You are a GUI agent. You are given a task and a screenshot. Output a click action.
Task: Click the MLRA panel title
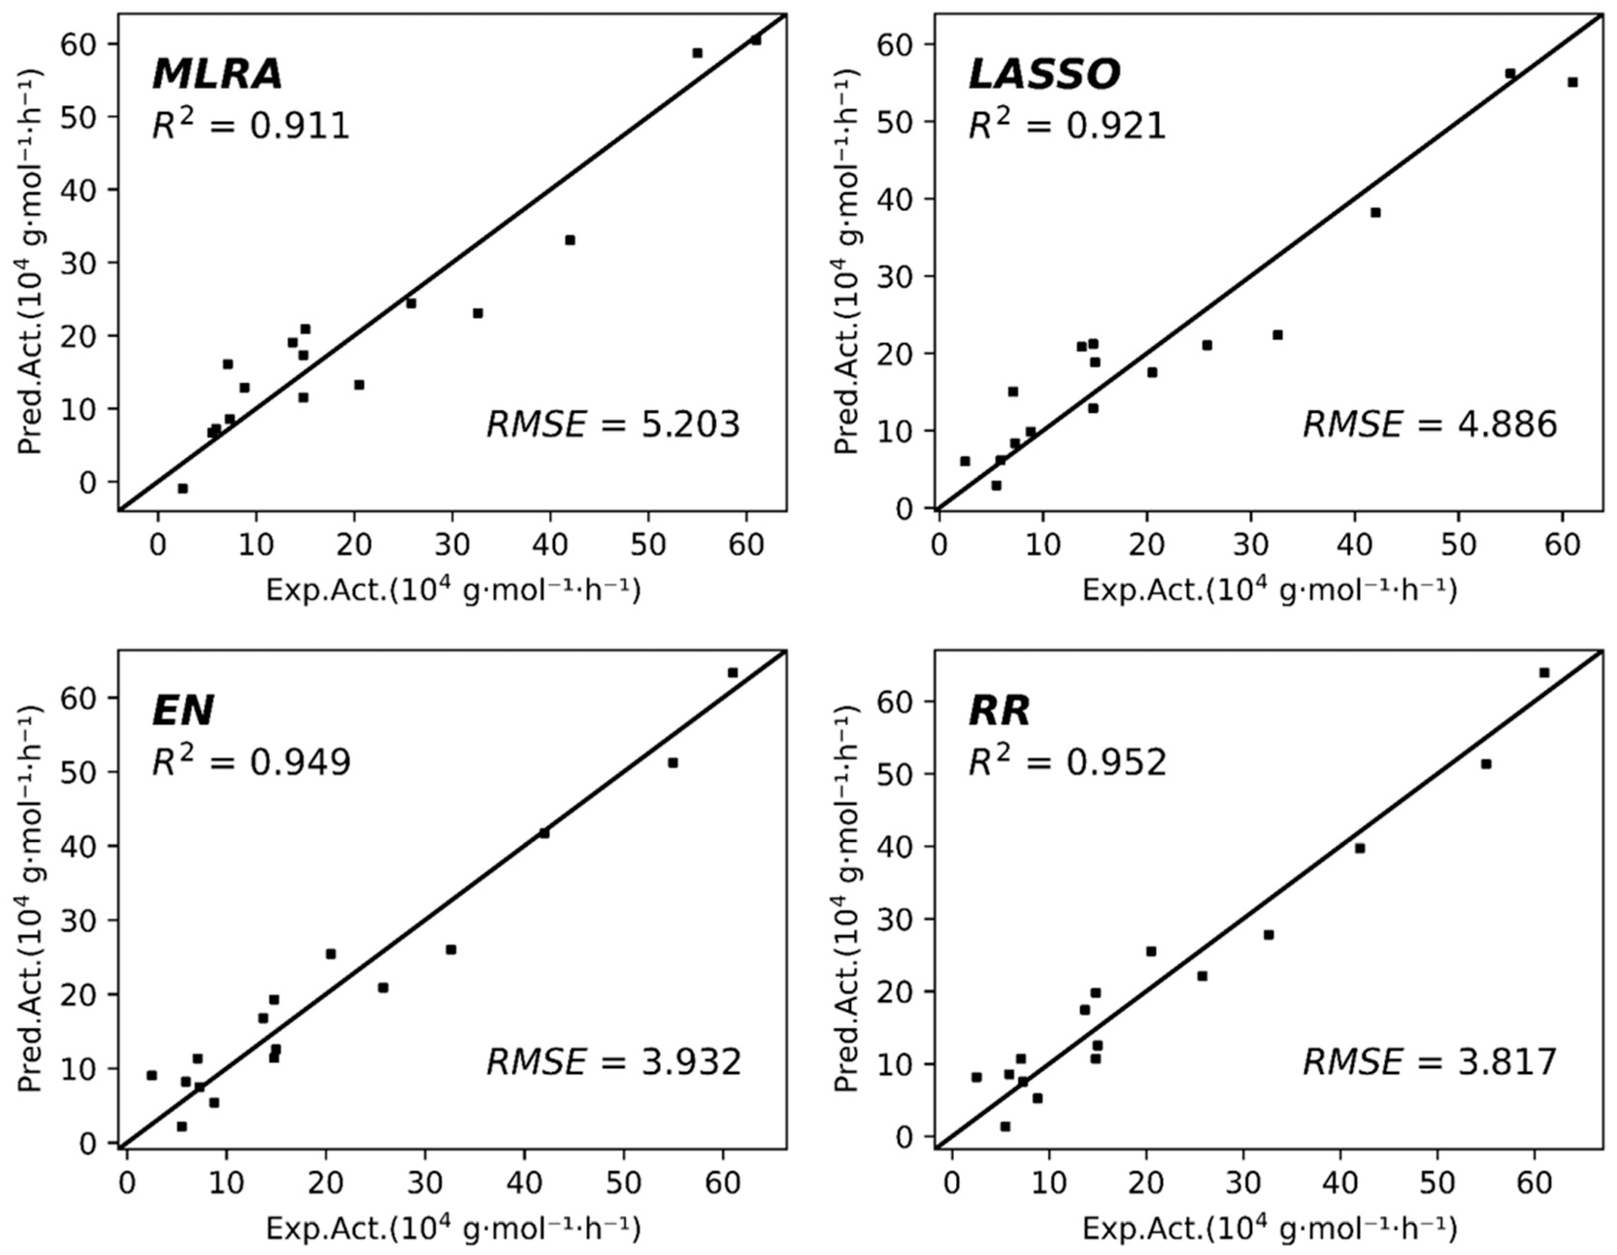[217, 74]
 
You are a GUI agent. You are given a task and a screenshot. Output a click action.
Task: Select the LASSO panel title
[1044, 74]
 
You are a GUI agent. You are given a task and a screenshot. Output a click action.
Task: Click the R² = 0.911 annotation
[250, 126]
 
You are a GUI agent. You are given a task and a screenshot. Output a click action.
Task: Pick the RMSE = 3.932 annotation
[613, 1062]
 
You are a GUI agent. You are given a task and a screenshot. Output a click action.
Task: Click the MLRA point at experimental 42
[569, 240]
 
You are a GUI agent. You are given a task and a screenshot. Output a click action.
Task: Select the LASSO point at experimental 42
[1375, 213]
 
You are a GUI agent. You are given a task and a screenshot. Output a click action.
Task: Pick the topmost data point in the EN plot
[732, 672]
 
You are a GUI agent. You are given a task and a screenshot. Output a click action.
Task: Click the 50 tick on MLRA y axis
[87, 117]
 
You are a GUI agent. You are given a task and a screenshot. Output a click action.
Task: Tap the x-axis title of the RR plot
[1269, 1229]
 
